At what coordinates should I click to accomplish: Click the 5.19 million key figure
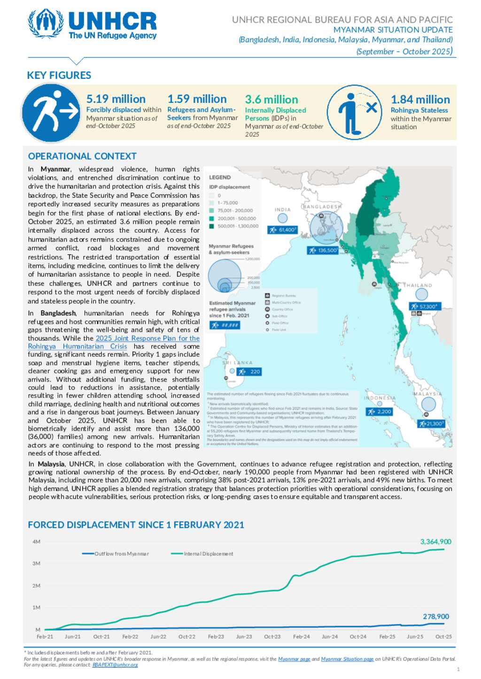pos(116,99)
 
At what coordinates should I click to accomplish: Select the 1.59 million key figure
pos(197,99)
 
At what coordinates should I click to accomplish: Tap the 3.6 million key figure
pos(271,100)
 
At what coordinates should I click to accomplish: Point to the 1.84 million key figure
pos(420,100)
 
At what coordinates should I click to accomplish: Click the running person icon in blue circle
pos(51,113)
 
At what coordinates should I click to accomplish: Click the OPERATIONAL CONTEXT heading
pos(82,156)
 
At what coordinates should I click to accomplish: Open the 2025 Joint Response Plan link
pos(147,338)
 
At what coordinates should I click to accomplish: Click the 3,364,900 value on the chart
pos(435,542)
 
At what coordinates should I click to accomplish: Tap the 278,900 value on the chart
pos(435,617)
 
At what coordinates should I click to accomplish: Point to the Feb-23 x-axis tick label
pos(216,637)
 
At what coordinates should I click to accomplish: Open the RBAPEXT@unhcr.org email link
pos(115,665)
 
